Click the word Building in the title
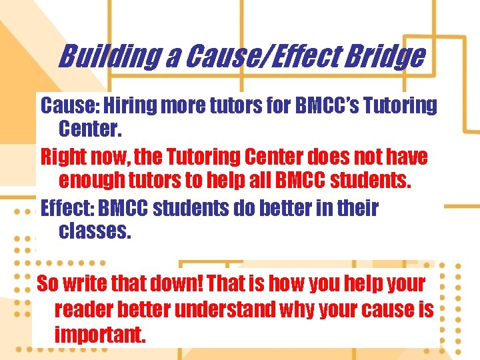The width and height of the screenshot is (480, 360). pyautogui.click(x=107, y=57)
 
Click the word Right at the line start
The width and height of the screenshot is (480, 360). pyautogui.click(x=62, y=157)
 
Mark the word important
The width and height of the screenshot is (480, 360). pyautogui.click(x=99, y=335)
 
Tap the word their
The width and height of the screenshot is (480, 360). pyautogui.click(x=356, y=208)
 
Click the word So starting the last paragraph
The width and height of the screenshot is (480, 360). pyautogui.click(x=47, y=284)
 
